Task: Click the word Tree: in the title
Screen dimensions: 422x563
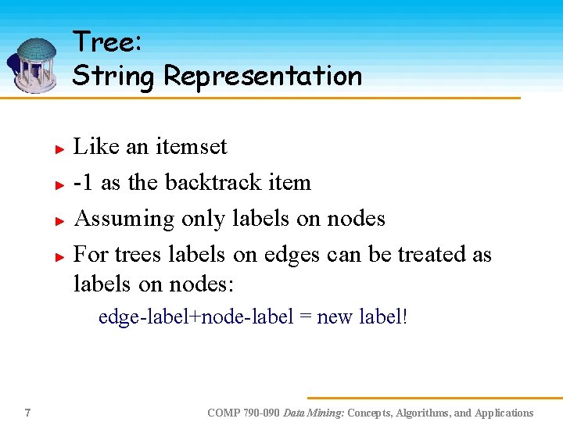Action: point(107,42)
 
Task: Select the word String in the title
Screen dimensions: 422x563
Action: point(114,77)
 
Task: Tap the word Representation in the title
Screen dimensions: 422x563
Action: point(263,77)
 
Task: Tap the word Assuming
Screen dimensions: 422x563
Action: point(124,219)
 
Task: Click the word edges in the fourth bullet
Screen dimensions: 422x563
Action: point(291,255)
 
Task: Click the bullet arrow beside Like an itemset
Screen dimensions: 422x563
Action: point(58,148)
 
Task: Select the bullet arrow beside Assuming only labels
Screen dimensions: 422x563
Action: point(58,220)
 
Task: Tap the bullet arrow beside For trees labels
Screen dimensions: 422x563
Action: point(58,256)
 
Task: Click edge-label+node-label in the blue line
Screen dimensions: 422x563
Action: point(195,317)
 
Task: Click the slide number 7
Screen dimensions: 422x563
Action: point(27,413)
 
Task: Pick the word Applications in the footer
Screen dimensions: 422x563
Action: point(504,413)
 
